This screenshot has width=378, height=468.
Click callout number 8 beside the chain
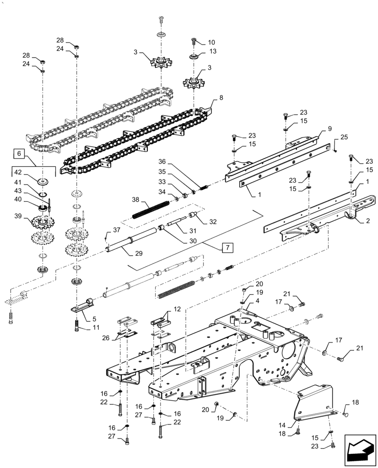coord(215,99)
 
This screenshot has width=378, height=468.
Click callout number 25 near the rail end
coord(345,137)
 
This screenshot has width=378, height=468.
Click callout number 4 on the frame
coord(257,301)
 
